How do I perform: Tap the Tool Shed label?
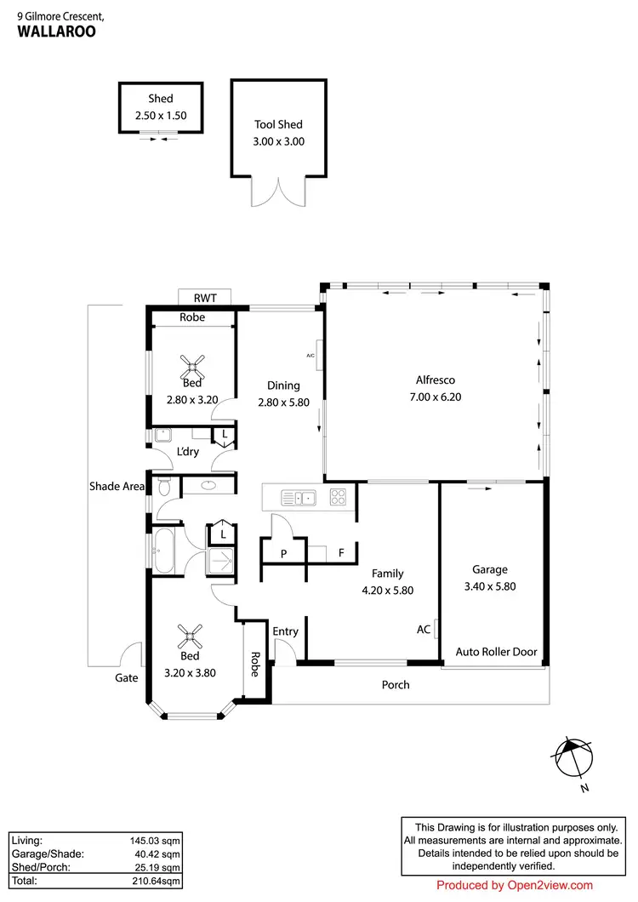pyautogui.click(x=279, y=125)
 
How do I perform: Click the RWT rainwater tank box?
pyautogui.click(x=204, y=297)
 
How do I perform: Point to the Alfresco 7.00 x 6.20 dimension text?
pyautogui.click(x=438, y=397)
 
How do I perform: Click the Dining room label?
pyautogui.click(x=283, y=385)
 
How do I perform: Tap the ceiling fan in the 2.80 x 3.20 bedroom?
pyautogui.click(x=192, y=368)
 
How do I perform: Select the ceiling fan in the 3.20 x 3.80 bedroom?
pyautogui.click(x=190, y=634)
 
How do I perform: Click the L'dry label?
pyautogui.click(x=188, y=451)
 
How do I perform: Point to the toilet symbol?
pyautogui.click(x=164, y=487)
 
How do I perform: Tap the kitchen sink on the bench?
pyautogui.click(x=299, y=496)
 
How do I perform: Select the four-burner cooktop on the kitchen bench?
pyautogui.click(x=339, y=496)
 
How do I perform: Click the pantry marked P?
pyautogui.click(x=283, y=553)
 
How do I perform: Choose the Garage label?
pyautogui.click(x=490, y=569)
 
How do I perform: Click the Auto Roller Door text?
pyautogui.click(x=496, y=652)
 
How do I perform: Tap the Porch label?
pyautogui.click(x=396, y=684)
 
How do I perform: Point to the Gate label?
pyautogui.click(x=126, y=678)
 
